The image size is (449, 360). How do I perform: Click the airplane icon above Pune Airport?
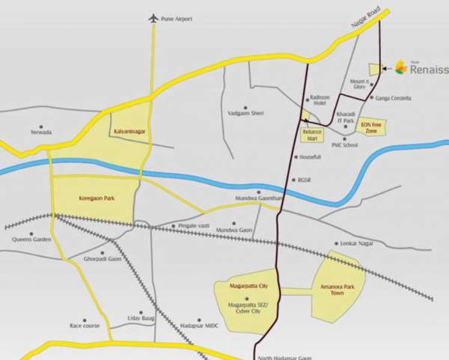point(155,17)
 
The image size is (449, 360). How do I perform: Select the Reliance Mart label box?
point(311,135)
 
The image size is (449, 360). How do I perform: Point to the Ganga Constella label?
point(394,99)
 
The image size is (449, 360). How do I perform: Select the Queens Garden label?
point(31,240)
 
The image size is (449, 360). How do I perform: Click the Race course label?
point(85,326)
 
